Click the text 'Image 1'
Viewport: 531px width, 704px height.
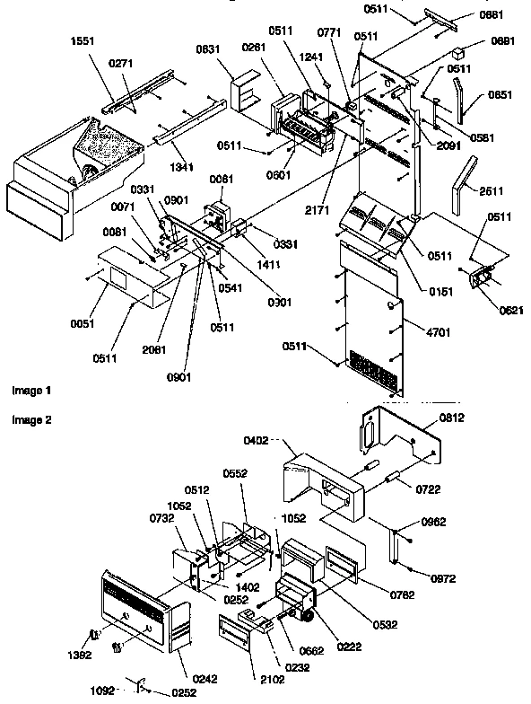pos(31,392)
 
